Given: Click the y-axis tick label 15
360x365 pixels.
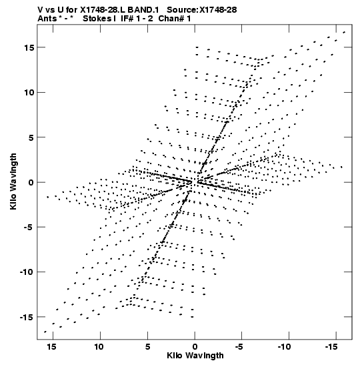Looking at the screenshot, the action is [x=29, y=47].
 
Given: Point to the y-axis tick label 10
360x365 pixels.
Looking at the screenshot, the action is [x=29, y=92].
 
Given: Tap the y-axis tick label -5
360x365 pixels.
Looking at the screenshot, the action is [x=29, y=227].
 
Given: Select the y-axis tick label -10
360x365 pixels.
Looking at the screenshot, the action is [x=27, y=272].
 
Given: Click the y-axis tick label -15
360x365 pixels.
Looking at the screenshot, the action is [x=27, y=317].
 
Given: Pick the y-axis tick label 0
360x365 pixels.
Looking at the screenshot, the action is [x=31, y=182].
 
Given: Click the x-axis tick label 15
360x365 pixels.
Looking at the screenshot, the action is [x=51, y=347].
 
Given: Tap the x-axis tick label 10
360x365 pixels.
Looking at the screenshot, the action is [x=99, y=347].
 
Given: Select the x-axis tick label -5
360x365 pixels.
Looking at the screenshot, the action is [x=239, y=347].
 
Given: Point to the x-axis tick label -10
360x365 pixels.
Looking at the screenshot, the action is [x=284, y=347].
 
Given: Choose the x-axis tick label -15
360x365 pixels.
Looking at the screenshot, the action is [x=331, y=347].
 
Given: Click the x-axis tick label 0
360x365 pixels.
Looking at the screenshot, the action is [x=195, y=347].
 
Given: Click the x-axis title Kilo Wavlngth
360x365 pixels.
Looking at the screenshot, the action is [x=195, y=356].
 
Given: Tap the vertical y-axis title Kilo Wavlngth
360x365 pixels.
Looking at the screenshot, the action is [x=13, y=181].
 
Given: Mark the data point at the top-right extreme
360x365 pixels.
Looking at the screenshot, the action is [x=344, y=32].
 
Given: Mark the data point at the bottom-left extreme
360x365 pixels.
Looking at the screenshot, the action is [x=45, y=332].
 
